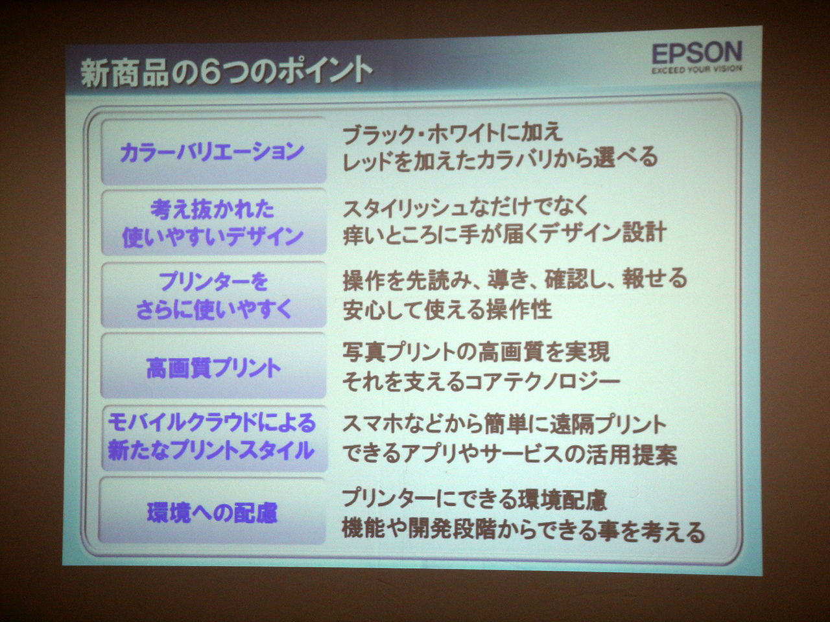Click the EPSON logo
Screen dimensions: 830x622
click(x=697, y=53)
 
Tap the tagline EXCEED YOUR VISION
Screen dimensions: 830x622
click(x=696, y=70)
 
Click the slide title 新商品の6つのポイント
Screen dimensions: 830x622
click(x=227, y=72)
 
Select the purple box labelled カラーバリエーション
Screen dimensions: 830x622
click(x=213, y=151)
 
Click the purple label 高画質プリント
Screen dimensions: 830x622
click(x=213, y=368)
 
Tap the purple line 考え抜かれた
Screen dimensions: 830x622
click(x=213, y=209)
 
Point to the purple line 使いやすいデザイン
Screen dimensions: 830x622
click(x=213, y=236)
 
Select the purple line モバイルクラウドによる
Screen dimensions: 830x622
click(x=212, y=422)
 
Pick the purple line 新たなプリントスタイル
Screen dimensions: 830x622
click(x=211, y=450)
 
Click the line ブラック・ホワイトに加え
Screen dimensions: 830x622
click(x=453, y=133)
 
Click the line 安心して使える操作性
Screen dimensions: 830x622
click(x=447, y=310)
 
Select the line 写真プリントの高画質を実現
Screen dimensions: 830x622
click(x=476, y=352)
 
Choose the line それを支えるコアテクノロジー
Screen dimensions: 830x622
click(x=481, y=381)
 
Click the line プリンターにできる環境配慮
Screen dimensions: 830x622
click(x=475, y=500)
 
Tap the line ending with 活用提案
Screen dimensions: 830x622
click(x=509, y=454)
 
